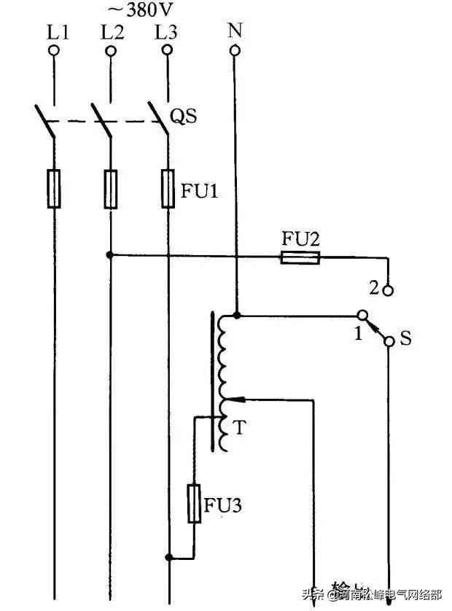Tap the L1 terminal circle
point(53,50)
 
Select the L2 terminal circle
point(111,50)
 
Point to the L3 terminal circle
point(168,50)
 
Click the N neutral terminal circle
point(235,50)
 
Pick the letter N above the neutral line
point(235,30)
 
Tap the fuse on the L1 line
point(54,188)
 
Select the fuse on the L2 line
point(111,188)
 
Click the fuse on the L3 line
point(168,188)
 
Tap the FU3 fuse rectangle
point(195,502)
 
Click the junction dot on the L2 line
point(110,255)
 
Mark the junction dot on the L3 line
point(168,559)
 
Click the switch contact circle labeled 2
point(389,289)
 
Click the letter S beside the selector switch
point(406,339)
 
